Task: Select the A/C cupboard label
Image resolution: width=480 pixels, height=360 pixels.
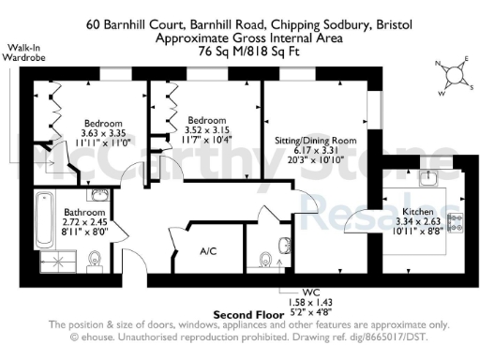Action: tap(210, 250)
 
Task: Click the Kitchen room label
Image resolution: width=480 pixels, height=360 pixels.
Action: tap(417, 213)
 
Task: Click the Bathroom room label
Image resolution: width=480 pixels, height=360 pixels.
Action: tap(83, 213)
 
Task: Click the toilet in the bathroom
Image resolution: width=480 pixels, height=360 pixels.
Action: tap(97, 259)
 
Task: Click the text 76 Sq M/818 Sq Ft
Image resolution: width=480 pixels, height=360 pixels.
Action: tap(239, 52)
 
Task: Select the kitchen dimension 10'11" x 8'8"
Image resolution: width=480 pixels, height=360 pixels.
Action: tap(412, 230)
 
